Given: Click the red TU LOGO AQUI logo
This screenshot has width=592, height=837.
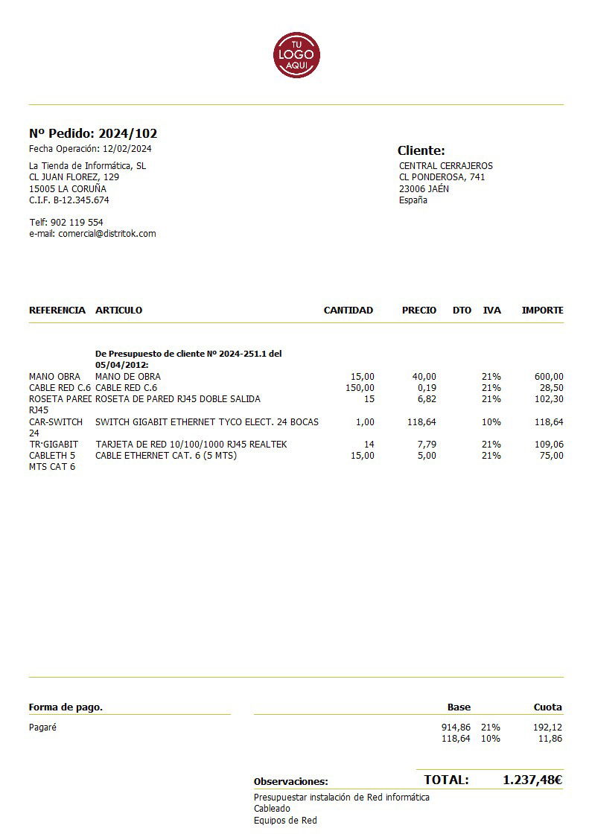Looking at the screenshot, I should click(296, 54).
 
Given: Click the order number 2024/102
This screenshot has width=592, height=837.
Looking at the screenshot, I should click(127, 134).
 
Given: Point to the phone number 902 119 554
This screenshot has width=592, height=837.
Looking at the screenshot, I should click(77, 223).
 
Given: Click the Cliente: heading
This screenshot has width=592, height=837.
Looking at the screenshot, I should click(421, 150).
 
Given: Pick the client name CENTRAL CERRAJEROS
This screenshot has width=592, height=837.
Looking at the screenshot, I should click(445, 166).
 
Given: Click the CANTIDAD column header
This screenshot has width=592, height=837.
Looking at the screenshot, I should click(348, 311).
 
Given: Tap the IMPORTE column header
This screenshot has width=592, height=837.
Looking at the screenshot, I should click(542, 311).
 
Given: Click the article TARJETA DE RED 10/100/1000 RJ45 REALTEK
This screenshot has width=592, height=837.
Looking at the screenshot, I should click(191, 445).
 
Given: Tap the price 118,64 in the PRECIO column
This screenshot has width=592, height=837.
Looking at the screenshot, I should click(421, 422).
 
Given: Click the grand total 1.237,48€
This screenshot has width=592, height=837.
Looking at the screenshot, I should click(532, 780).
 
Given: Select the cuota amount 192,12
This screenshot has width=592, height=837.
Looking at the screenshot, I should click(548, 728).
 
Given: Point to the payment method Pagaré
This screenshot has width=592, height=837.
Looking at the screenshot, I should click(42, 728).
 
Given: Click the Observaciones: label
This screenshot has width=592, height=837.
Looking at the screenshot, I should click(290, 782).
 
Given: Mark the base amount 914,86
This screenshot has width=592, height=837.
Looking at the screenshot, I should click(456, 728).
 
